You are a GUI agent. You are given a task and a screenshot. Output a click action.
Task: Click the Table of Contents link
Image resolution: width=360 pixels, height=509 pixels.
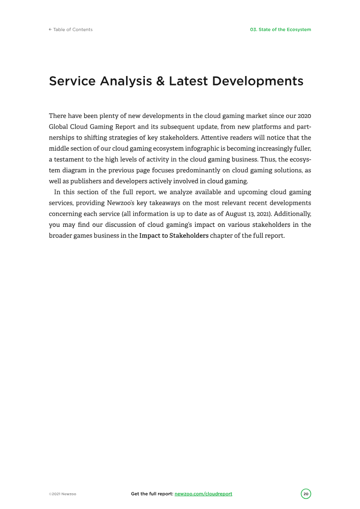click(x=72, y=30)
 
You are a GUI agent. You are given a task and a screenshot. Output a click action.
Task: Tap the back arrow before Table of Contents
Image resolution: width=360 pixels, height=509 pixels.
click(x=50, y=30)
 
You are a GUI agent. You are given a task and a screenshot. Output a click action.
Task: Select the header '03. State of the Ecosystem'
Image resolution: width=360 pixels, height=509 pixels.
click(x=280, y=30)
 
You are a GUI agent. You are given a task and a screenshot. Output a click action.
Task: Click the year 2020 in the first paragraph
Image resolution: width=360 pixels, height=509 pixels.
click(x=304, y=116)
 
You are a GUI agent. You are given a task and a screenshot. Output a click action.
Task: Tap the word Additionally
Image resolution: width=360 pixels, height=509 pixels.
click(x=292, y=214)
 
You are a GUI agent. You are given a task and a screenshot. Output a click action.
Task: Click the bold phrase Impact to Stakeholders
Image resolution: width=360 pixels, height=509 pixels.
click(x=174, y=236)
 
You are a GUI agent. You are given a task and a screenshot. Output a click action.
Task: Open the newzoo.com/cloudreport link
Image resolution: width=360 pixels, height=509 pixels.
click(x=203, y=494)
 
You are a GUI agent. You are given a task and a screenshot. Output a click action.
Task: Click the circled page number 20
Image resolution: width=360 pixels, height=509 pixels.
click(x=306, y=494)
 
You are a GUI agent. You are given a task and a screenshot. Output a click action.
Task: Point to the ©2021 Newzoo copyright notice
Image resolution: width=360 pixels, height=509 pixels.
click(x=63, y=494)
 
